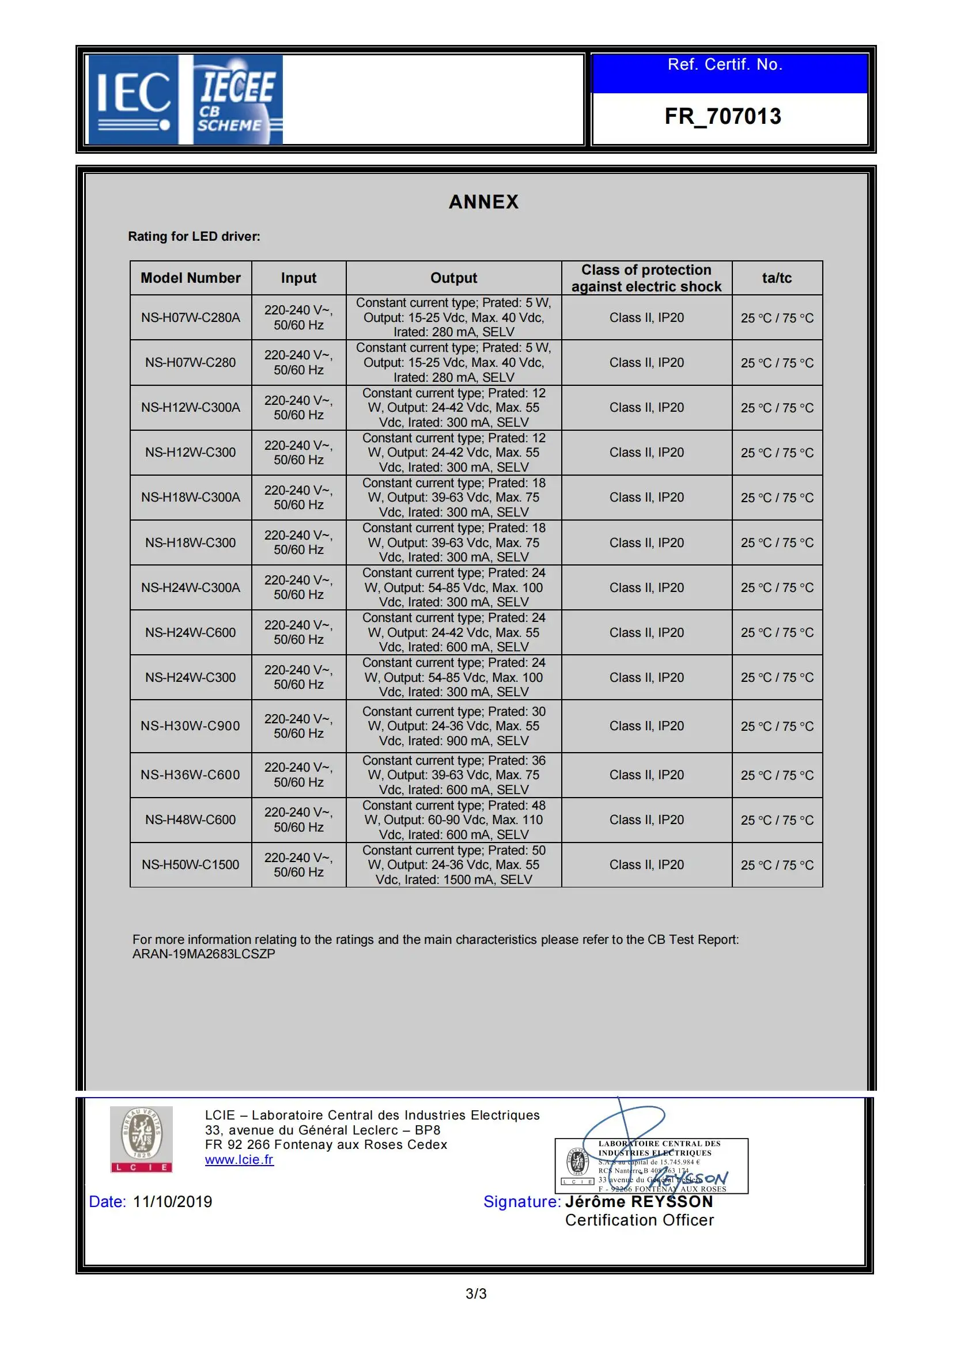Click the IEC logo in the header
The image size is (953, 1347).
tap(133, 100)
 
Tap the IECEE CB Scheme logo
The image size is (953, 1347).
tap(237, 100)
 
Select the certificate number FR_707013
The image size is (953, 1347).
tap(723, 117)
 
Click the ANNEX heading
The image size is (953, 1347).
tap(483, 202)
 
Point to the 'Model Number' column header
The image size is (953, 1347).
tap(191, 278)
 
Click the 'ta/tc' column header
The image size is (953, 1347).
tap(776, 278)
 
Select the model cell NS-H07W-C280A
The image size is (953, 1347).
tap(191, 317)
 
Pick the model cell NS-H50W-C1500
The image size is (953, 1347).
tap(191, 865)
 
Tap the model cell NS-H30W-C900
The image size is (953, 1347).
tap(191, 726)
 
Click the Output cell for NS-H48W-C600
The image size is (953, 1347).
tap(453, 819)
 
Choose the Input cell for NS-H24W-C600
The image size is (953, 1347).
tap(298, 632)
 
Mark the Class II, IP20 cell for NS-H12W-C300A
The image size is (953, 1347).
tap(646, 408)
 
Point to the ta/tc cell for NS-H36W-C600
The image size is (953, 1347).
tap(776, 775)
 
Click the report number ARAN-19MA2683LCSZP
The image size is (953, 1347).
tap(203, 954)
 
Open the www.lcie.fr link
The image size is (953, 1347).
tap(240, 1160)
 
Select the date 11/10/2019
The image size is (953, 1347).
tap(172, 1201)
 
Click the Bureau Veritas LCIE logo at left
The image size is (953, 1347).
tap(141, 1139)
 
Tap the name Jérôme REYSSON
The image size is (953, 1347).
tap(638, 1201)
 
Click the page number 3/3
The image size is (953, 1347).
tap(476, 1293)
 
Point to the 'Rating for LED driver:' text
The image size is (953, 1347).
tap(194, 237)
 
